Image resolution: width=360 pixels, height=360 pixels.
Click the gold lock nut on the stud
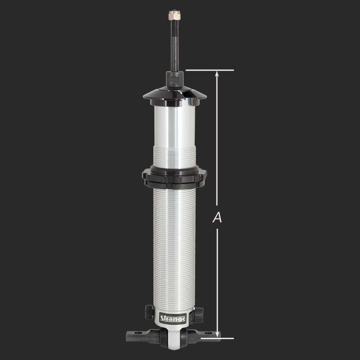point(176,17)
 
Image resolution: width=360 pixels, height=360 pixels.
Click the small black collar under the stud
point(176,78)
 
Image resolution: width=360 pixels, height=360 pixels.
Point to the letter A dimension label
point(217,218)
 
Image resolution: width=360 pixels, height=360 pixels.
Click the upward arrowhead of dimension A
point(217,74)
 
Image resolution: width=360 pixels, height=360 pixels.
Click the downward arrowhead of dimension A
point(217,334)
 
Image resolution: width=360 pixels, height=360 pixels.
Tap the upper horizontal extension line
point(210,70)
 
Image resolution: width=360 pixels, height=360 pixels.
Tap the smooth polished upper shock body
point(175,124)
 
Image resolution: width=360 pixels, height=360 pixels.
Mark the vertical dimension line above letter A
point(217,140)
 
